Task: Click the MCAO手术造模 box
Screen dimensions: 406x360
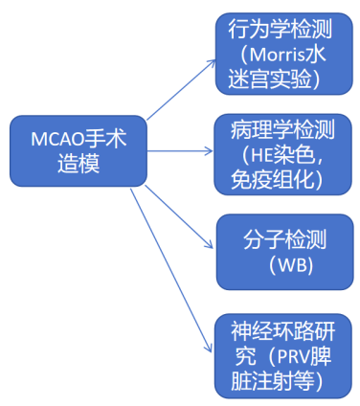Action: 70,151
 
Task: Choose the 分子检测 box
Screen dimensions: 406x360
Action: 282,247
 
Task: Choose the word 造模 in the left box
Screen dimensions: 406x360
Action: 70,164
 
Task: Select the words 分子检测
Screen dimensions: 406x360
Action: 282,237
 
